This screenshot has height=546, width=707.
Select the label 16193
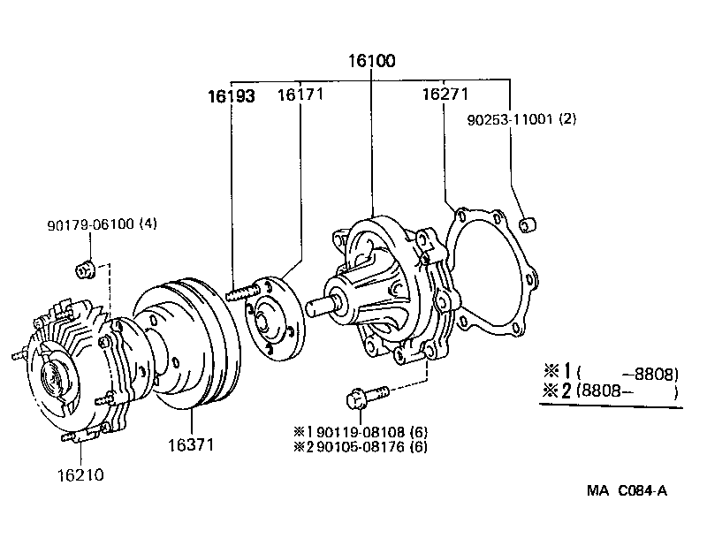[x=232, y=96]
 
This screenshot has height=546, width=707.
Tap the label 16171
[x=300, y=94]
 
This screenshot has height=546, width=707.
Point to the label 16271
[x=445, y=94]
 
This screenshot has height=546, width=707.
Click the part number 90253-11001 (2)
[x=522, y=119]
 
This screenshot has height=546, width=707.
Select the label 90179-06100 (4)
[x=102, y=224]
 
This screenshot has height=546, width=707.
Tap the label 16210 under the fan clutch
[x=80, y=474]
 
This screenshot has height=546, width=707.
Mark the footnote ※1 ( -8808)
[x=609, y=374]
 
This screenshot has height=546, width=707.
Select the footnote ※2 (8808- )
[x=609, y=391]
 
